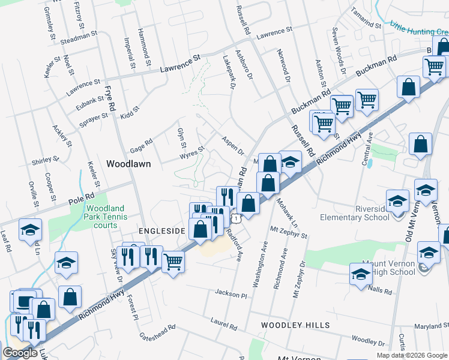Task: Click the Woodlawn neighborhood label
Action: pyautogui.click(x=128, y=163)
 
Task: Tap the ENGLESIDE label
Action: pyautogui.click(x=163, y=230)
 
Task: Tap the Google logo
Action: pyautogui.click(x=20, y=353)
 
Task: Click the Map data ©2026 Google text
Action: pyautogui.click(x=411, y=355)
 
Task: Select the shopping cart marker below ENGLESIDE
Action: pyautogui.click(x=173, y=260)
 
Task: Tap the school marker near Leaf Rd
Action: pyautogui.click(x=30, y=230)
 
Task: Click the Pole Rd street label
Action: pyautogui.click(x=81, y=197)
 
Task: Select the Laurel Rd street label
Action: pyautogui.click(x=223, y=325)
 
